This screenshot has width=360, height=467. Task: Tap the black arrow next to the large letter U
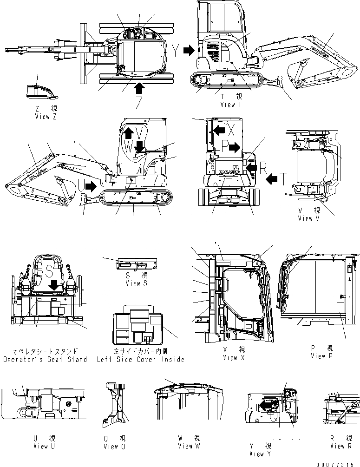[92, 186]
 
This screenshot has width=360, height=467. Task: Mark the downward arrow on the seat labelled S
[55, 284]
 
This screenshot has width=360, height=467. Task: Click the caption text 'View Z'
[46, 117]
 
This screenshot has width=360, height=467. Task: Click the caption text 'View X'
[230, 358]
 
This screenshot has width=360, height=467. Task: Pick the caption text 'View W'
[189, 446]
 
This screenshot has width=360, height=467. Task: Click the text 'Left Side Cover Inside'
[141, 359]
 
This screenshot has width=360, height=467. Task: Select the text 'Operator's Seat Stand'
[45, 359]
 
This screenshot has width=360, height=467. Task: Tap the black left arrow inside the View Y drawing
[266, 405]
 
